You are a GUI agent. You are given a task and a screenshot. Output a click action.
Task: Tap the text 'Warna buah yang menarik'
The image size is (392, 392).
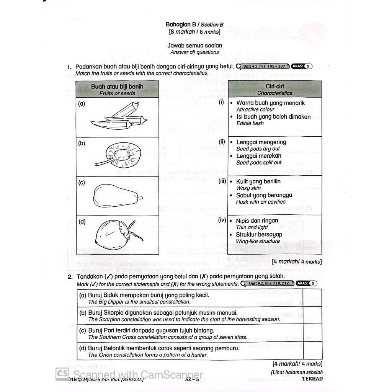coord(270,103)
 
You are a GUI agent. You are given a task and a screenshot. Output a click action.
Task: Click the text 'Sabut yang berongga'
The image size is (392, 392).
coord(264,195)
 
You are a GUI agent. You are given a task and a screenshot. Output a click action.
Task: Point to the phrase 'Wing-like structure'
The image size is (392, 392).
coord(258,241)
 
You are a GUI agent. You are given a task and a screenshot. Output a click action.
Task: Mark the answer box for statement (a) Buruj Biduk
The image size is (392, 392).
coord(312,298)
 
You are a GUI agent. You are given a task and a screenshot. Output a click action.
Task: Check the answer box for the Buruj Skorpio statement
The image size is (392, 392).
coord(312,315)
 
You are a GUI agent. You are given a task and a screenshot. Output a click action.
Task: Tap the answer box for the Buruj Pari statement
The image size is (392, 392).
coord(312,333)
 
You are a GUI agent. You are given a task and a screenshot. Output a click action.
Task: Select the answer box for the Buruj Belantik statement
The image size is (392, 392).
coord(312,351)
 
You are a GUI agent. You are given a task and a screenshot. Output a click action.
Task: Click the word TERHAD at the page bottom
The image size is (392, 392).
coord(312,379)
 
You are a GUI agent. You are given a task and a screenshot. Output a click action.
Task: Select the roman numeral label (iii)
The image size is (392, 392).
coord(222,181)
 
